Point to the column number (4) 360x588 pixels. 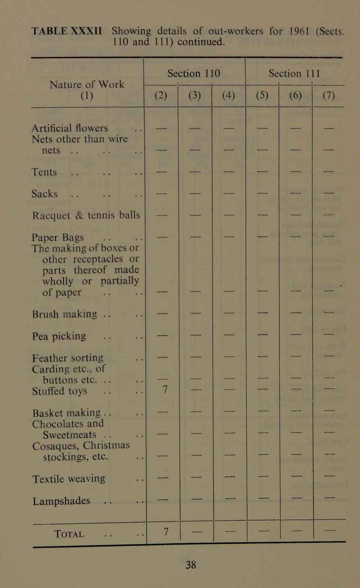[229, 95]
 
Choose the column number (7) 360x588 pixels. [329, 95]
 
